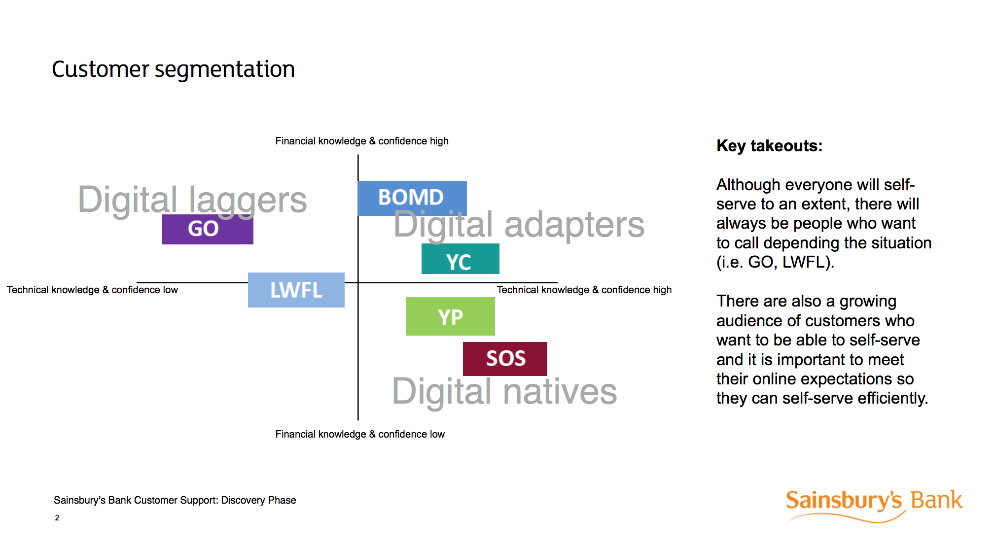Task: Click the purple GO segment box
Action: pos(207,230)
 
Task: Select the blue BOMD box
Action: pos(412,198)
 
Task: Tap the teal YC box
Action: pos(460,260)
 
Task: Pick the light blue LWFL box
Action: pos(296,290)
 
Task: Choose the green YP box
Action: pos(450,316)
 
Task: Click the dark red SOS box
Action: pos(505,358)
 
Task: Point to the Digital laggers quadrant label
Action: pos(192,200)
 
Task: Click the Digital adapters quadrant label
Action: pos(519,225)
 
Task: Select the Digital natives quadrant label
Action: pos(504,392)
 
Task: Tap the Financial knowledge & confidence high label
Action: pos(361,141)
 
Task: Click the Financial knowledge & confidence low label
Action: pos(359,434)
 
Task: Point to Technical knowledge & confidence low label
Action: pos(92,290)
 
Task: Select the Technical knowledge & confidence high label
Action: pos(584,290)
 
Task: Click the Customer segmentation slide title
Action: pos(173,69)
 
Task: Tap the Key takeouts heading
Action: pos(769,146)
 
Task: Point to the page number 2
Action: pos(57,517)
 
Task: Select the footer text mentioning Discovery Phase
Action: pos(175,500)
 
